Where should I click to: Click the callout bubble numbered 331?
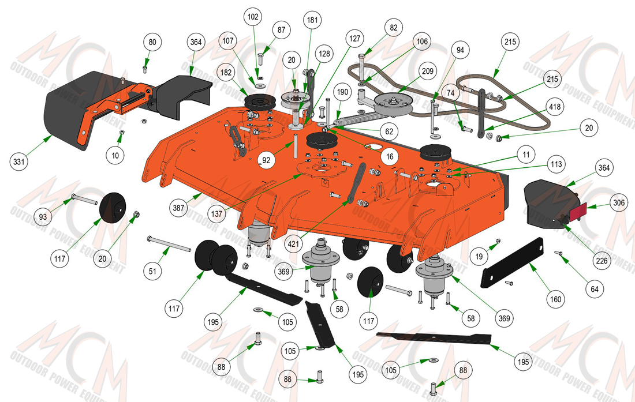point(19,161)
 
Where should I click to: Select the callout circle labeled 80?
point(152,43)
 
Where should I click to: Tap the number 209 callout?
point(428,71)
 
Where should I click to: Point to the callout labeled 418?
point(554,107)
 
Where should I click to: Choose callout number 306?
point(619,202)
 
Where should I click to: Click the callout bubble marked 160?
point(555,299)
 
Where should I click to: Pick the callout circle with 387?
point(178,208)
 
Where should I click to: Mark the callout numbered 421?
point(293,244)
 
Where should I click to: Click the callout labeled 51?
point(152,270)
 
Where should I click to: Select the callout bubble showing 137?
point(217,213)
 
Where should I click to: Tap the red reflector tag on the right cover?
point(578,212)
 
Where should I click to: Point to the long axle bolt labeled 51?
point(169,245)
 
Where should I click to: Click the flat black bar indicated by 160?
point(512,262)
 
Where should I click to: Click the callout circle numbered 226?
point(602,261)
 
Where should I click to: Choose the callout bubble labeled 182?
point(226,73)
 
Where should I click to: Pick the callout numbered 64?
point(595,289)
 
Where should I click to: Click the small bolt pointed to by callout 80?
point(145,69)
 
